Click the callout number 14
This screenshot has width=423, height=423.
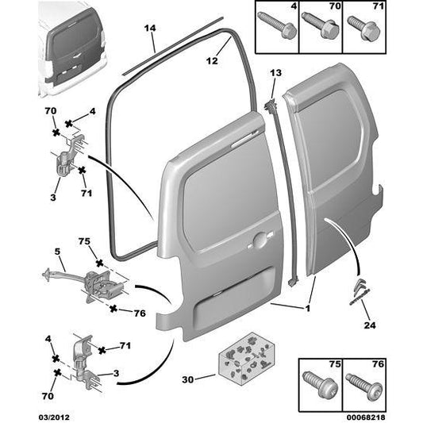pos(148,29)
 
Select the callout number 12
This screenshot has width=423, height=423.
pos(211,60)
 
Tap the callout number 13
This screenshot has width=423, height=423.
pos(275,72)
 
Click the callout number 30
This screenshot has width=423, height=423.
pos(187,379)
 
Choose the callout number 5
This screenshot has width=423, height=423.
pos(57,252)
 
